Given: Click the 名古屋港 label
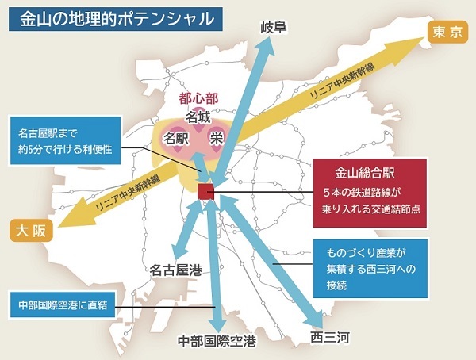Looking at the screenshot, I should pos(175,270).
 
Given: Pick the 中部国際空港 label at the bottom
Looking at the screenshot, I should pos(217,343).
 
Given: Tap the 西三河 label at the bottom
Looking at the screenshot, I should pos(329,339).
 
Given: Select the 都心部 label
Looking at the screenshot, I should pos(198,99).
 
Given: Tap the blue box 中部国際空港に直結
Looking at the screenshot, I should pos(63,304).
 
